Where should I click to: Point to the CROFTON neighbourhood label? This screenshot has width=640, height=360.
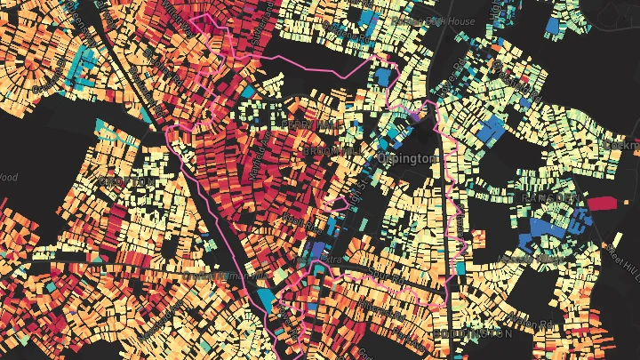124,181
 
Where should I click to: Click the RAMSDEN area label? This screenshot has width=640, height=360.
553,196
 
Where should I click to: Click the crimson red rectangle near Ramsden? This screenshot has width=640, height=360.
602,204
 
